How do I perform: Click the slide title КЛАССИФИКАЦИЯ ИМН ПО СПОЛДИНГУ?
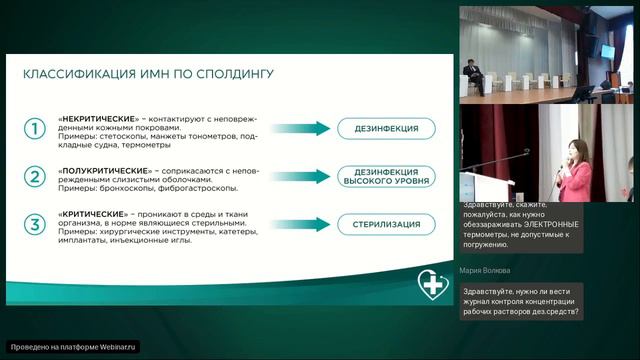(148, 74)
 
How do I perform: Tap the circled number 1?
(35, 129)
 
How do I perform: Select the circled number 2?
(35, 177)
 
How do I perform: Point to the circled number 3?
(35, 224)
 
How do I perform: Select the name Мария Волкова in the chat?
(486, 270)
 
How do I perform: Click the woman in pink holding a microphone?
(578, 170)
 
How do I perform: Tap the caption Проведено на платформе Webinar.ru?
(73, 347)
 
